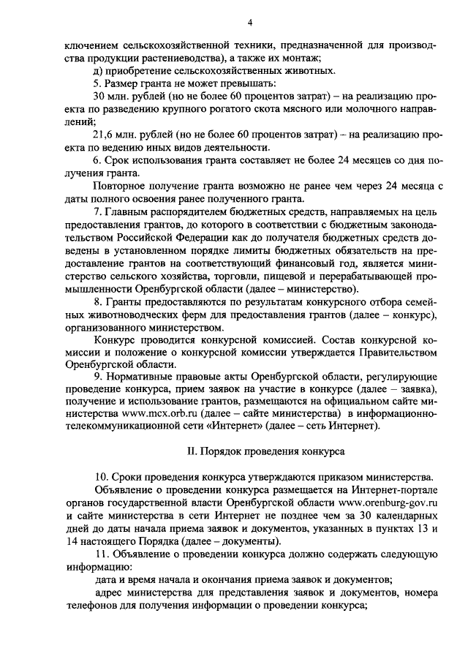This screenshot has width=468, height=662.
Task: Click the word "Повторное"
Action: [119, 186]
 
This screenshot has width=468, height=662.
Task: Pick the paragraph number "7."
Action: [99, 211]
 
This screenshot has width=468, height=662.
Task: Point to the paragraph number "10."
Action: [102, 478]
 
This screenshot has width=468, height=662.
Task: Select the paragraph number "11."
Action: [102, 554]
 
